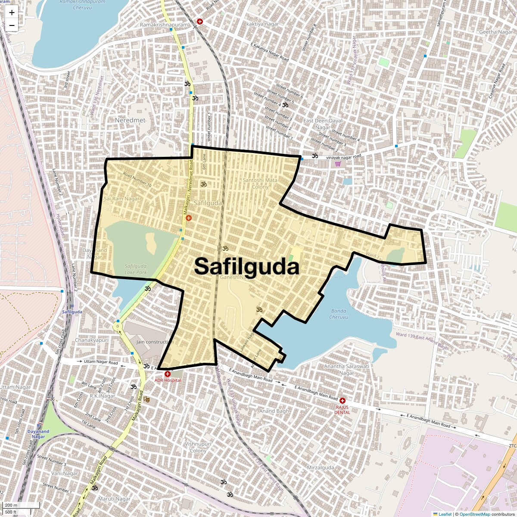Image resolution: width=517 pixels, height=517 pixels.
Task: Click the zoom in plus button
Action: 12,12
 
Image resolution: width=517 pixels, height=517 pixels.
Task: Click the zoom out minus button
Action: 12,25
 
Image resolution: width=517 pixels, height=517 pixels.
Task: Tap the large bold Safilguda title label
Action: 246,266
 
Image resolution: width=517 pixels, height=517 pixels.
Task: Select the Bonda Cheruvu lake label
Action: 338,314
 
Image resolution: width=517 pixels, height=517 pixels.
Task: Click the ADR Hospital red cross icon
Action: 168,374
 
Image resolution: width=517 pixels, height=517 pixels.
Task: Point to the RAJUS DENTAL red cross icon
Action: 343,401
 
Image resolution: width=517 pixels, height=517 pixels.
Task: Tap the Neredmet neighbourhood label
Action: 130,120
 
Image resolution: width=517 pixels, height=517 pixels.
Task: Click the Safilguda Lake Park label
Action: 136,269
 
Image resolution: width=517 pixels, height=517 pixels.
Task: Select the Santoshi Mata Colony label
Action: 260,184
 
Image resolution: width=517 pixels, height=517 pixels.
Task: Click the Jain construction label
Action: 155,342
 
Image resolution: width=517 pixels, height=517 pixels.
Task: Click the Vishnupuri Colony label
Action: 198,447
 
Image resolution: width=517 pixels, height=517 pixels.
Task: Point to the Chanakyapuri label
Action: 92,340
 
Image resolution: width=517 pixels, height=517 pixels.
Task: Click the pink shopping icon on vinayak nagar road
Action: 338,164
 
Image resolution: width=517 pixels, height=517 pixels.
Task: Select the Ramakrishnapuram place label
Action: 164,25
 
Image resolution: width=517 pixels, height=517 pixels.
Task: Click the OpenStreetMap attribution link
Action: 474,514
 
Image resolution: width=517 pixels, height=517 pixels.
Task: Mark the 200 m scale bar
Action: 12,505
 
